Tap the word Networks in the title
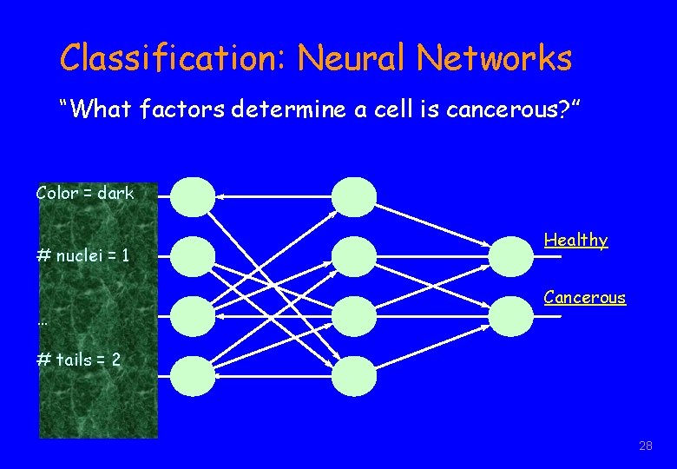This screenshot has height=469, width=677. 494,59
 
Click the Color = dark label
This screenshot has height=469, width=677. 85,193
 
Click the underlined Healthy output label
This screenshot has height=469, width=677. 575,240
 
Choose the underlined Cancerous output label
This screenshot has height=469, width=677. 584,297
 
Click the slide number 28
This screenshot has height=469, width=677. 645,446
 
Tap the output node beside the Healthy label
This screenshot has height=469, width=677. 512,257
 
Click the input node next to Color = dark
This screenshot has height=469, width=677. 192,197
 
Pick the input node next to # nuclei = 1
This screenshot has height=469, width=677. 192,257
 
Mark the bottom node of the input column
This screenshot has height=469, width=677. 192,376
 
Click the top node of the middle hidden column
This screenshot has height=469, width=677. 355,197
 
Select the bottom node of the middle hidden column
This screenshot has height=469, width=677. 355,376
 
